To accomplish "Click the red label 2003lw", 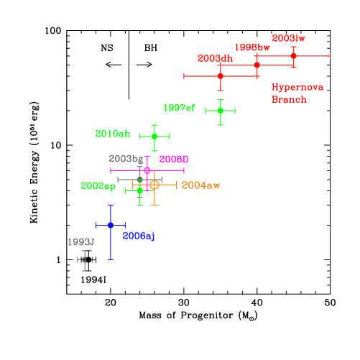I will [288, 38].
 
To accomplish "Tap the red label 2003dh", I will [215, 58].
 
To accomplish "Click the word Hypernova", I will [297, 87].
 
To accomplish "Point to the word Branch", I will [289, 99].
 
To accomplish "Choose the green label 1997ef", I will [179, 108].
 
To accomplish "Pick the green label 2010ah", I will [113, 133].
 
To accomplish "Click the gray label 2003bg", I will [126, 159].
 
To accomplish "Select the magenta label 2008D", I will [173, 159].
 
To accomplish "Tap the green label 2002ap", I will [98, 185].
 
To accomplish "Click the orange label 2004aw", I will [200, 185].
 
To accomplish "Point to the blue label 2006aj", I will [139, 236].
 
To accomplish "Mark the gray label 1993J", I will [80, 242].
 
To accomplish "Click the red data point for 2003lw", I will [293, 55].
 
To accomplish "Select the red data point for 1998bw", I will [257, 65].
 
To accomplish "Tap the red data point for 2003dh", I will [220, 75].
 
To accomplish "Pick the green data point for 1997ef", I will [220, 110].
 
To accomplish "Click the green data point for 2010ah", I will [154, 136].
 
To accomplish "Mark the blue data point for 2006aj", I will [111, 225].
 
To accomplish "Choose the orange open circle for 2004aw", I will [154, 185].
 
